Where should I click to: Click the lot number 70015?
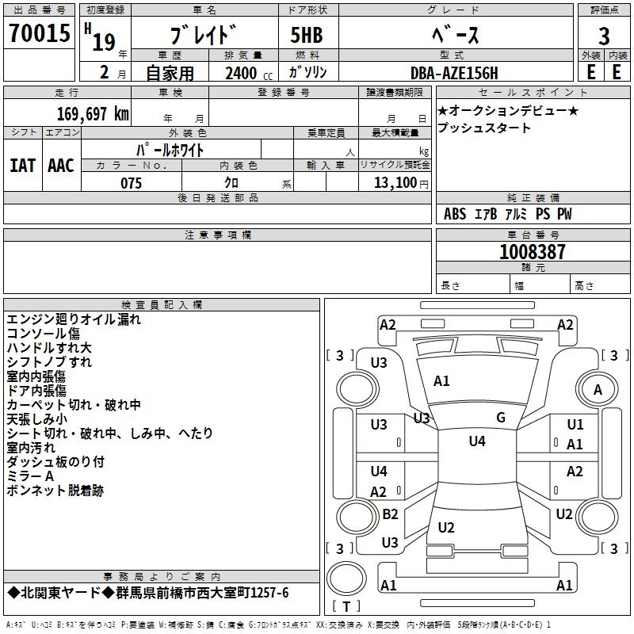[39, 33]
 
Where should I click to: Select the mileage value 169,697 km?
[92, 113]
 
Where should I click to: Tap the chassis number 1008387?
[533, 252]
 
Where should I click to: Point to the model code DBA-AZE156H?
[454, 73]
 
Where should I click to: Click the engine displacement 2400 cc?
[246, 73]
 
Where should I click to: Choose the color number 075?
[131, 182]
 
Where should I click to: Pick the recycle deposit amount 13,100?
[394, 182]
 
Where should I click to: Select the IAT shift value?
[22, 166]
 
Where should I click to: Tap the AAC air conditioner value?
[61, 166]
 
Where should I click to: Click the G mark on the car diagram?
[501, 418]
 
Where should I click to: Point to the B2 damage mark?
[390, 514]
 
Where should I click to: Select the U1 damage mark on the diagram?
[575, 426]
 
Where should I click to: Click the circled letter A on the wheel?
[598, 389]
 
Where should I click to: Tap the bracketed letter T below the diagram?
[346, 606]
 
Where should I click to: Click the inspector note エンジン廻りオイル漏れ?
[74, 319]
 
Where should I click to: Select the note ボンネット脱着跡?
[55, 491]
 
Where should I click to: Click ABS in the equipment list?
[455, 214]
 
